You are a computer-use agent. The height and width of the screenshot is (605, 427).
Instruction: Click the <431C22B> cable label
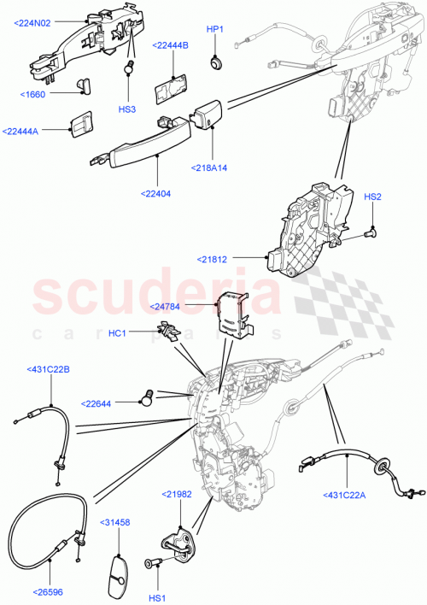pyautogui.click(x=48, y=370)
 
